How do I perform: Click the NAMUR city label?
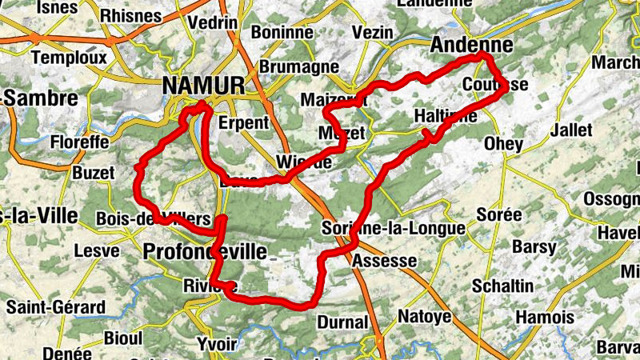[203, 85]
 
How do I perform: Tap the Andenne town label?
[471, 46]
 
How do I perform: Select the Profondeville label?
[205, 252]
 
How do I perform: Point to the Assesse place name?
[384, 261]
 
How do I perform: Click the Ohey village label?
[504, 145]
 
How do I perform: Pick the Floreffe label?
[78, 142]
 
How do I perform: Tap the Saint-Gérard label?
[55, 307]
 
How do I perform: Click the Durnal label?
[342, 323]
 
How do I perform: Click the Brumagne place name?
[288, 66]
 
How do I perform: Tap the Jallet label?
[571, 130]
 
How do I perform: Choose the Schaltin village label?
[502, 286]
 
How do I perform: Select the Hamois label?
[544, 318]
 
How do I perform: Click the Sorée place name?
[498, 214]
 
